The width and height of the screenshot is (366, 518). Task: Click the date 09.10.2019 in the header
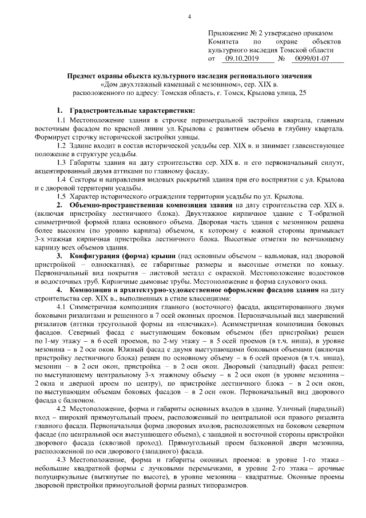(242, 58)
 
